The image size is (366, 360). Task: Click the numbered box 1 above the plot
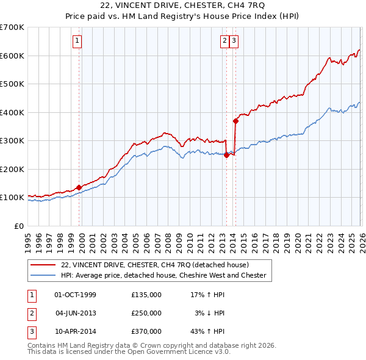coord(77,41)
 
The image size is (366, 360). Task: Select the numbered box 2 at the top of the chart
coord(224,41)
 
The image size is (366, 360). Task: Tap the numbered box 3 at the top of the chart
coord(234,41)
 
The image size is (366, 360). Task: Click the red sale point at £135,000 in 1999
coord(79,187)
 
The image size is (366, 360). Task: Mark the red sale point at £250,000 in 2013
coord(226,155)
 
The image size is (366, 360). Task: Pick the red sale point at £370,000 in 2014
coord(235,121)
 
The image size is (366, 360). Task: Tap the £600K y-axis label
coord(12,56)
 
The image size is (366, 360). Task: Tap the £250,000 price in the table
coord(146,313)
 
